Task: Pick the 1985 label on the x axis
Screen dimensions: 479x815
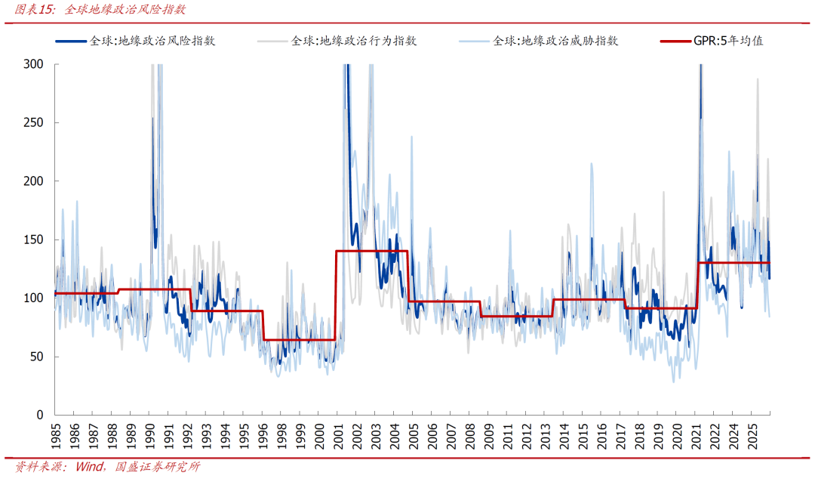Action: (55, 434)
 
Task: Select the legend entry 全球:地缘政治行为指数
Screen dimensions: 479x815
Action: (355, 41)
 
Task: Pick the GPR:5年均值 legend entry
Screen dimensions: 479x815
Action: (729, 41)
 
